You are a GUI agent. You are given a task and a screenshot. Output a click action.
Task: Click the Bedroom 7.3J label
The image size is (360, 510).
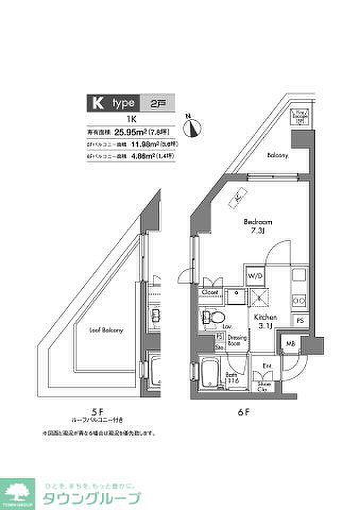(258, 226)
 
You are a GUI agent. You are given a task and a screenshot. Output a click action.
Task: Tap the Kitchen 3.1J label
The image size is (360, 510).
(263, 321)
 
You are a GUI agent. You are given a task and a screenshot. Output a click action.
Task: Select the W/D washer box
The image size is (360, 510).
(254, 276)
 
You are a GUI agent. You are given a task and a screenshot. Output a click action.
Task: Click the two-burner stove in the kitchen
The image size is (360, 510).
(299, 301)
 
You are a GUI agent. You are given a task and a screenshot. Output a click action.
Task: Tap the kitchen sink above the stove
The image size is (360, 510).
(299, 276)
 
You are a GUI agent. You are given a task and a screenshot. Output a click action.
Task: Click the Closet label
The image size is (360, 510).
(210, 292)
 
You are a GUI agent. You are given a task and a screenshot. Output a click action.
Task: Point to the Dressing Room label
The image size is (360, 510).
(235, 341)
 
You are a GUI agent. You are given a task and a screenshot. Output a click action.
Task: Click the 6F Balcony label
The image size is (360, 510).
(277, 156)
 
